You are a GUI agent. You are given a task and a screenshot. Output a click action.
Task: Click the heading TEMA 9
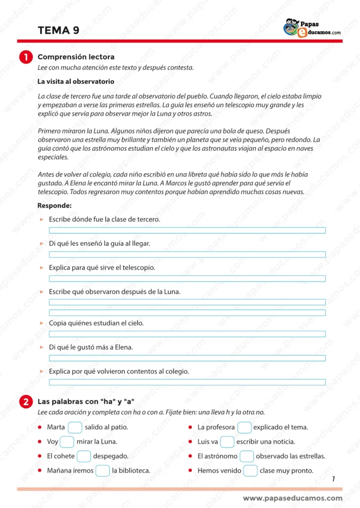click(x=58, y=31)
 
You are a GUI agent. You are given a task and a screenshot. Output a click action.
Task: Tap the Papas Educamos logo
click(x=312, y=28)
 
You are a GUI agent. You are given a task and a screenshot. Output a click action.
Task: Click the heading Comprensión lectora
click(x=76, y=57)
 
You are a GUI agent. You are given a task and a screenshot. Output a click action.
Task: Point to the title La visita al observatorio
click(x=75, y=81)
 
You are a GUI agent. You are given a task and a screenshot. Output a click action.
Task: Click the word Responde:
click(x=55, y=205)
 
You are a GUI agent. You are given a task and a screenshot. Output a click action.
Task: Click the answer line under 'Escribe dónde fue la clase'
click(x=187, y=230)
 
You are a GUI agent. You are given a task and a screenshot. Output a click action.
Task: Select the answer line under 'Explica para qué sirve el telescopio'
click(x=187, y=278)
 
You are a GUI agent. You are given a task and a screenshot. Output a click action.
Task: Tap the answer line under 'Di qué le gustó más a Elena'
click(x=187, y=358)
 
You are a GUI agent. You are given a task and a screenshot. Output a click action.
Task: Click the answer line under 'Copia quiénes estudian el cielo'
click(x=187, y=334)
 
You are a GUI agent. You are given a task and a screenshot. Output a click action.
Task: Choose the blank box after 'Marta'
click(x=75, y=427)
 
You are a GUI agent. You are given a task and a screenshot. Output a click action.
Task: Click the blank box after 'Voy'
click(x=67, y=442)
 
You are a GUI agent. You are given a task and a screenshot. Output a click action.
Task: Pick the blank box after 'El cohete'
click(x=84, y=456)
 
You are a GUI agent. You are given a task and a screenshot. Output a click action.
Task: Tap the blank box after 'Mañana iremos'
click(x=102, y=471)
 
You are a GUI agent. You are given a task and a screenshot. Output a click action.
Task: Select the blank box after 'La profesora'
click(x=244, y=427)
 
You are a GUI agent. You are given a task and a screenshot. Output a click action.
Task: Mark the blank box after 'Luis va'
click(x=227, y=442)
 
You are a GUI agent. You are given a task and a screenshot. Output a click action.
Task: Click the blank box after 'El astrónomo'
click(x=247, y=456)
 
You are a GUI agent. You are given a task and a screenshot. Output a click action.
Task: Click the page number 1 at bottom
click(x=333, y=479)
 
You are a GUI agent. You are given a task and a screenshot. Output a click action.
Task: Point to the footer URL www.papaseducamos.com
click(x=292, y=498)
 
